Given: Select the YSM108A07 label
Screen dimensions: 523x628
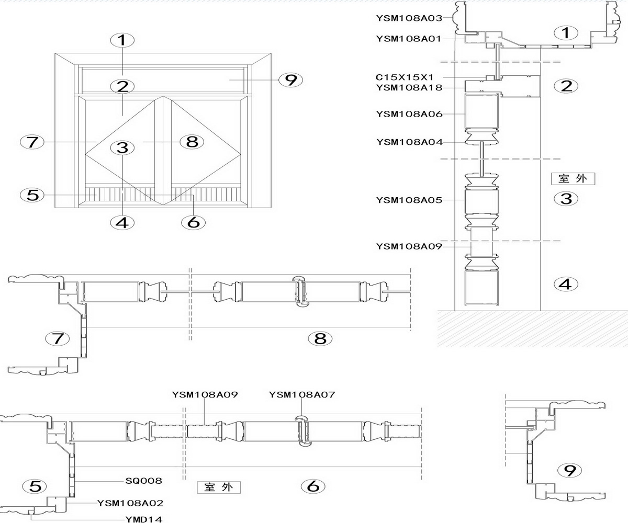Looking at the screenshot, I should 301,395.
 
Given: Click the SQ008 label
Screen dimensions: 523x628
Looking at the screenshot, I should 144,480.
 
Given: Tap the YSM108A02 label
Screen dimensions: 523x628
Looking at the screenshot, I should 130,503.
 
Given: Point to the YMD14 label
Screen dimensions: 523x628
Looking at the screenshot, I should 144,519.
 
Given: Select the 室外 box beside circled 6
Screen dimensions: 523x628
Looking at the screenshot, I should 219,487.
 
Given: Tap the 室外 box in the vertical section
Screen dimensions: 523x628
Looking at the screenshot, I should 574,178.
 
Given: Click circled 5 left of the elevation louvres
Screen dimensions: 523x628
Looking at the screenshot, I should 32,196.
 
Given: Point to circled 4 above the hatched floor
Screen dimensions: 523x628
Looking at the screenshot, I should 566,284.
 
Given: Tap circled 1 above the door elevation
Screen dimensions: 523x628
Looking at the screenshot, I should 122,40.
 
